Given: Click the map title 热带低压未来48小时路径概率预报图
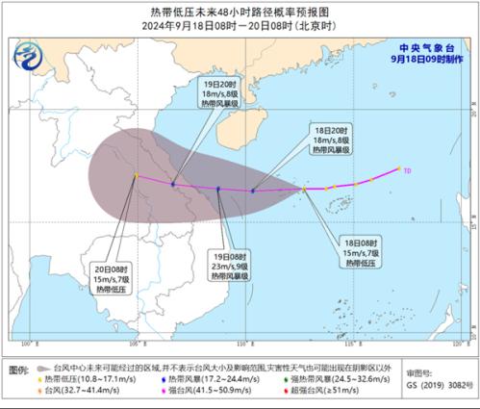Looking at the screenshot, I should pyautogui.click(x=240, y=12).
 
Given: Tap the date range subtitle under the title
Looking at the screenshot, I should pyautogui.click(x=240, y=26).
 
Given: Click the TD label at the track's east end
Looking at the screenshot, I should pyautogui.click(x=407, y=170).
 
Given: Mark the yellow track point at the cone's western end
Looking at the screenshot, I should pyautogui.click(x=137, y=175).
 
